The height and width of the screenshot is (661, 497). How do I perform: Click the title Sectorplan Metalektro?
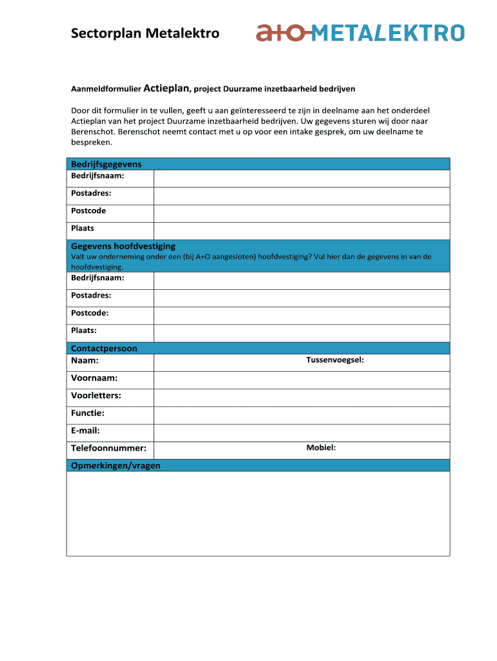tap(145, 34)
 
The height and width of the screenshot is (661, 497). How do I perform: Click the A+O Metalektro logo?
tap(360, 32)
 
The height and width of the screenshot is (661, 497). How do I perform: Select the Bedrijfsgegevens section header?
tap(107, 164)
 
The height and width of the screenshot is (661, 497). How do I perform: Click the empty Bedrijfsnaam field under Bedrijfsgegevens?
tap(301, 179)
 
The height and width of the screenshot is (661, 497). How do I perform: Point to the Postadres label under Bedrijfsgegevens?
tap(91, 193)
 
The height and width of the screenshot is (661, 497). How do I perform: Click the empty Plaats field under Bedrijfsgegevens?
tap(301, 231)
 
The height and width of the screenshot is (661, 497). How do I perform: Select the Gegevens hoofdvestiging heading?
tap(123, 246)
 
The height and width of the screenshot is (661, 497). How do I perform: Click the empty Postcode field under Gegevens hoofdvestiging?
tap(301, 316)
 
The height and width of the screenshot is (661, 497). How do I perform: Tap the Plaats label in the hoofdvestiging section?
tap(84, 330)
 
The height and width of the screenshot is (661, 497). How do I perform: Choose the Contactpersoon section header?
tap(104, 349)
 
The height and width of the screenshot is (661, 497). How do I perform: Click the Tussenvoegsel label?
tap(335, 360)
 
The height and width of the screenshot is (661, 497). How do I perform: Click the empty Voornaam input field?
tap(301, 380)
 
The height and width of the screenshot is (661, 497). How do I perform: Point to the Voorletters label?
tap(96, 396)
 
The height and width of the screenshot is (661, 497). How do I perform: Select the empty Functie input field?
tap(301, 415)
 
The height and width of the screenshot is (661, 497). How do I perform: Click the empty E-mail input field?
tap(301, 432)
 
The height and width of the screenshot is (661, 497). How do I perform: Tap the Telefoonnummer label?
tap(108, 448)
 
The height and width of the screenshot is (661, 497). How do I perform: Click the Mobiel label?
tap(321, 448)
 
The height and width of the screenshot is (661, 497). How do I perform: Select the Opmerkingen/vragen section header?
tap(116, 465)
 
